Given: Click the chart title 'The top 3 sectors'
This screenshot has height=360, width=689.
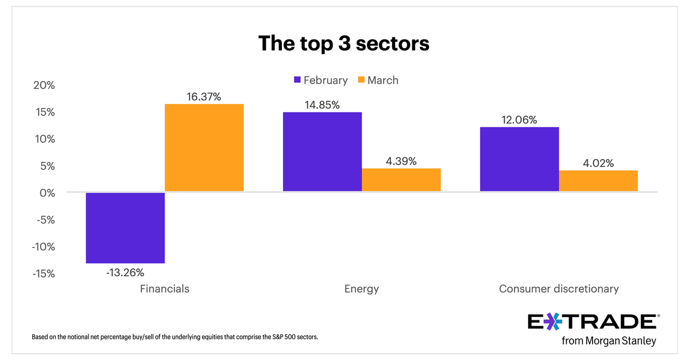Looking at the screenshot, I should (x=343, y=44).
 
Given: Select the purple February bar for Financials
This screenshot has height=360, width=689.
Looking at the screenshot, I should (x=125, y=227).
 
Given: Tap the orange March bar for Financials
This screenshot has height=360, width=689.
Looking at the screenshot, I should (x=204, y=148).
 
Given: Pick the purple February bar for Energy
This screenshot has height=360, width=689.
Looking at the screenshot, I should (x=322, y=152).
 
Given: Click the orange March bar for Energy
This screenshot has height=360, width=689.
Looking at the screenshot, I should (x=401, y=180).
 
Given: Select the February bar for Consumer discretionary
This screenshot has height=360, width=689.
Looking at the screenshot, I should (x=519, y=159).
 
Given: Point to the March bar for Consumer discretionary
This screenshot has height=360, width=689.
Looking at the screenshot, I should (x=598, y=181).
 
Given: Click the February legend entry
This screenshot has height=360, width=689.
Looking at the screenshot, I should (x=320, y=80).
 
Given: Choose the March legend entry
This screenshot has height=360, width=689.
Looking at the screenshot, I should (x=377, y=80).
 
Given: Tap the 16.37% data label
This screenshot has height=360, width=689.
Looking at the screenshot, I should (x=204, y=96).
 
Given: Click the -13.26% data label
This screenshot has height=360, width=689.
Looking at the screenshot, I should (x=125, y=272).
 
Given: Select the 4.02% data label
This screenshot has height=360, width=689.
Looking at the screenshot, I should (x=598, y=163).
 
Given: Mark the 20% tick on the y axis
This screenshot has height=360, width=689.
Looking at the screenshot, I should (x=43, y=85).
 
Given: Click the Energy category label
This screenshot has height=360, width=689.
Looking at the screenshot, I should (x=361, y=289).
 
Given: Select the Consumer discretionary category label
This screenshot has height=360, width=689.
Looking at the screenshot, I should (x=559, y=289).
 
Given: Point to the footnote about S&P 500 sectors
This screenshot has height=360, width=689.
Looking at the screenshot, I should (x=175, y=337).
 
